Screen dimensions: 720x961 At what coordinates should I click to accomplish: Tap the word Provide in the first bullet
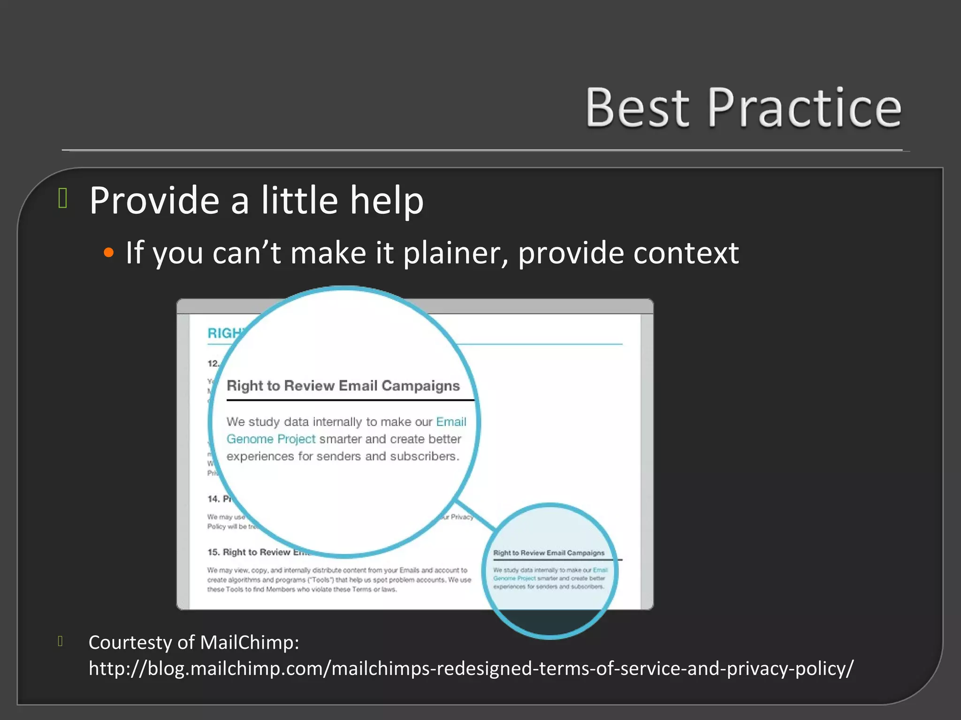[154, 201]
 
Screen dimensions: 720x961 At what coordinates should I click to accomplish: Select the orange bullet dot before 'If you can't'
[109, 253]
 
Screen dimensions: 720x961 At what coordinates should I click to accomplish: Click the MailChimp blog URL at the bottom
[471, 668]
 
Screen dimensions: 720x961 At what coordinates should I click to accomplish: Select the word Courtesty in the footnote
[130, 642]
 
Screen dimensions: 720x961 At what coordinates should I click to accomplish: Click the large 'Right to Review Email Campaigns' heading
[343, 386]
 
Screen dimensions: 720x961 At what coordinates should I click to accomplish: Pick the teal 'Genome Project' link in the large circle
[271, 439]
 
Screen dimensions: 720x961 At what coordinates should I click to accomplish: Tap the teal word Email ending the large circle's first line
[451, 422]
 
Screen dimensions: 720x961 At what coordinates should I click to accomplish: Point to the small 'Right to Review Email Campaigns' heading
[549, 553]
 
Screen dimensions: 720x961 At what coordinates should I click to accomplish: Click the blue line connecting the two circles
[475, 515]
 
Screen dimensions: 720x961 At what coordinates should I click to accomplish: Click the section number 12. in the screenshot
[213, 363]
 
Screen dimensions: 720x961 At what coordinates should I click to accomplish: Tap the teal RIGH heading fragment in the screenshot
[224, 333]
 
